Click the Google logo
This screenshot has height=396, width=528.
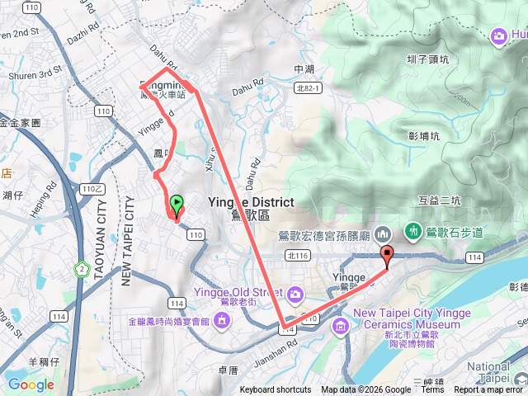point(31,384)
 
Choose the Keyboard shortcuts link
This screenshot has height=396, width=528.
point(276,390)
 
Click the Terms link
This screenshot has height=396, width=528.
point(432,390)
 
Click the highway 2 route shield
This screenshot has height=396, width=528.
point(82,269)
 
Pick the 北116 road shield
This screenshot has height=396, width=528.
point(296,257)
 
